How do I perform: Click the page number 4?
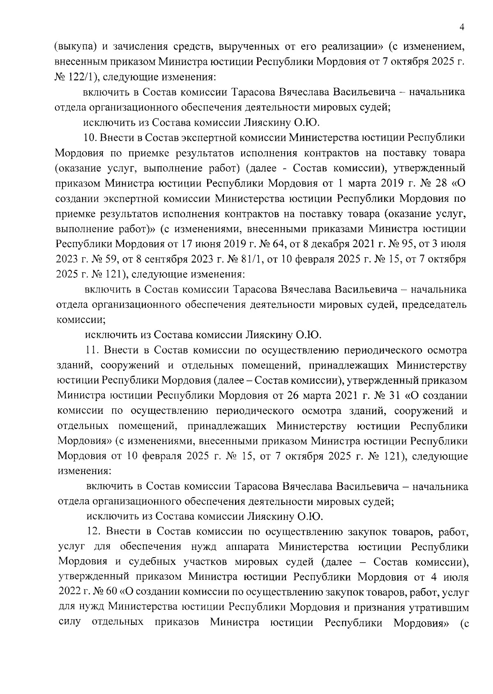point(462,27)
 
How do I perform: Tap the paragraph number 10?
point(90,137)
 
